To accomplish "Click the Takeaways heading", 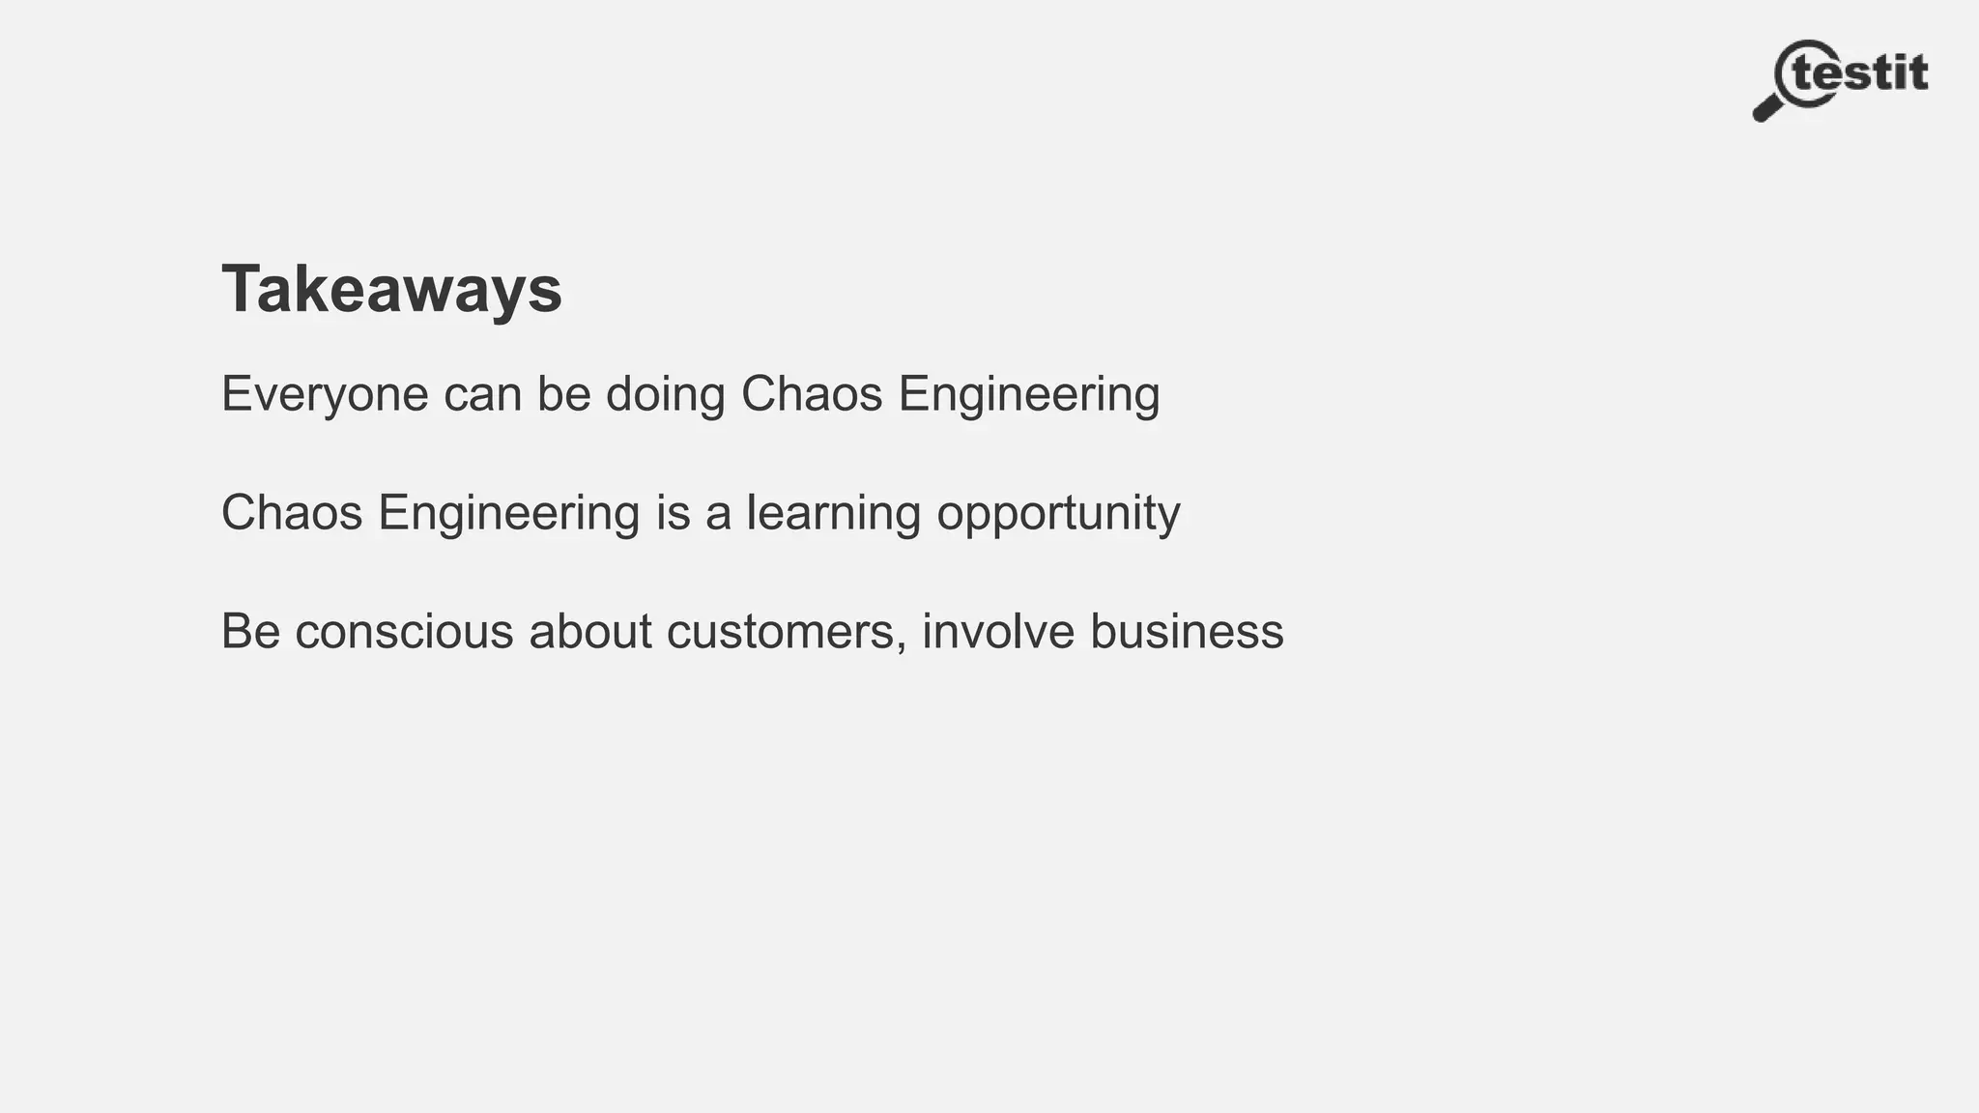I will pos(391,289).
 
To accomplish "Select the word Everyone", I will pos(325,394).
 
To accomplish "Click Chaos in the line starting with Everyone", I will pos(812,394).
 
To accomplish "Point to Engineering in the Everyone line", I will pos(1028,394).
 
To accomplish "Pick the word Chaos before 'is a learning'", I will pos(292,512).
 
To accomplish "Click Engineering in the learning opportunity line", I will pos(508,512).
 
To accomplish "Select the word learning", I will pos(833,512).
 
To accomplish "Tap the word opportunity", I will pos(1058,512).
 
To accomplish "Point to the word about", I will pos(589,631).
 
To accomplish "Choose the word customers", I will pos(780,631).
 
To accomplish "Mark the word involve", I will pos(997,631).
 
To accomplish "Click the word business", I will pos(1187,631).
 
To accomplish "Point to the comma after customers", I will pos(902,645).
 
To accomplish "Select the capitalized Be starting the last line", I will pos(250,631).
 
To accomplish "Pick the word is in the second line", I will pos(673,512).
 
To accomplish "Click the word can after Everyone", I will pos(482,394).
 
